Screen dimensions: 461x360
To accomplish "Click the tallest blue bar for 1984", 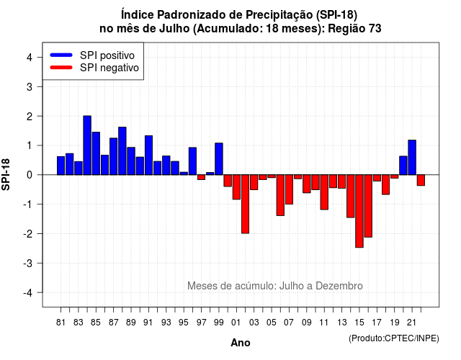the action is [87, 145].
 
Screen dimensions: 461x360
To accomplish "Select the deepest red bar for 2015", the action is [359, 211].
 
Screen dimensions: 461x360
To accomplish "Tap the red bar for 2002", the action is [245, 204].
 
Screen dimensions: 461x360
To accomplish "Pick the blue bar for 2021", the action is [412, 158].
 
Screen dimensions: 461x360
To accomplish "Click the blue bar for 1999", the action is [219, 159].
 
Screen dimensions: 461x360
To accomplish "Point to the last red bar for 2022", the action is [421, 180].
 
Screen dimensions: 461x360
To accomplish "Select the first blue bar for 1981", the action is [61, 166].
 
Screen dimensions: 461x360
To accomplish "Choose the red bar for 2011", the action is [324, 192].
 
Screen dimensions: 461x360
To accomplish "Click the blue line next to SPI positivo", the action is [61, 55].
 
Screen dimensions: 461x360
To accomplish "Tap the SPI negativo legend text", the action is [109, 68].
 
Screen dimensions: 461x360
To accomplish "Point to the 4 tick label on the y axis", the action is [30, 58].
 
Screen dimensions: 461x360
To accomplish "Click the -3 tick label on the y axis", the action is [27, 263].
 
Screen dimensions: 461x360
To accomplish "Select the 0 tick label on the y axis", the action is [30, 175].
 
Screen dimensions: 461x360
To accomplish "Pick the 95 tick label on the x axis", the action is [184, 323].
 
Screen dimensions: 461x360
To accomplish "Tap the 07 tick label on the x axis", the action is [289, 323].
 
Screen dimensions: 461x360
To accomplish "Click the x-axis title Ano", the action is [241, 343].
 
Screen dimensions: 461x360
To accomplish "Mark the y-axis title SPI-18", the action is [6, 174].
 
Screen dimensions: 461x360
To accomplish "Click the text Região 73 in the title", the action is [354, 29].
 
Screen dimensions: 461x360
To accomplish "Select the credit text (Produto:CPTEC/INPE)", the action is [394, 338].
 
